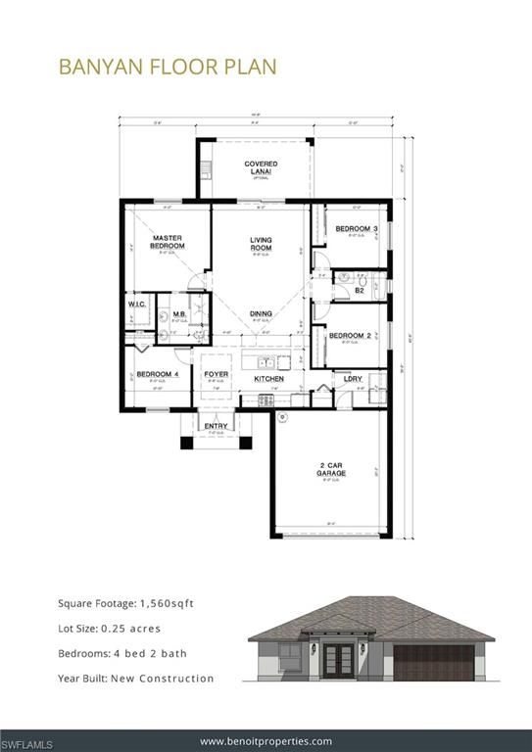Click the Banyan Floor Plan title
[x=168, y=66]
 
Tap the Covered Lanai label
[x=261, y=167]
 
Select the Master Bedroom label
[x=168, y=242]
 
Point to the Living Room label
[x=261, y=244]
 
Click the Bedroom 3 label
[x=356, y=228]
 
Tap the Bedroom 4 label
[x=157, y=374]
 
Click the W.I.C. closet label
[x=137, y=305]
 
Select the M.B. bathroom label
[x=180, y=314]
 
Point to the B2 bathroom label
[x=360, y=290]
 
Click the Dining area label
[x=261, y=313]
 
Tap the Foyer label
[x=216, y=374]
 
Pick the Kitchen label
[x=269, y=378]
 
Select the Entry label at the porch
[x=215, y=426]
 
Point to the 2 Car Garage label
[x=331, y=469]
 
